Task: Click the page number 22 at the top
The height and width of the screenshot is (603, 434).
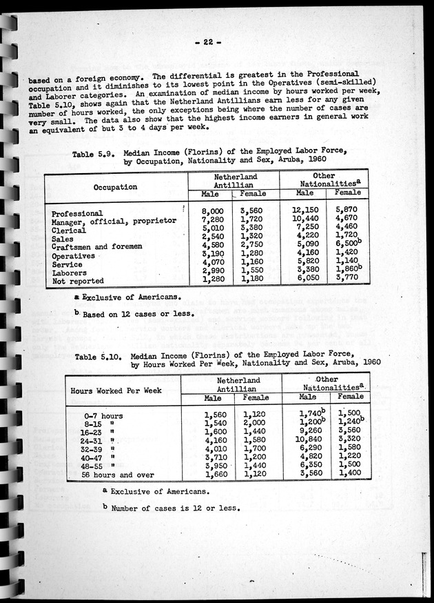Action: [x=207, y=42]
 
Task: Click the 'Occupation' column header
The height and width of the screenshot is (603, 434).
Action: [x=116, y=187]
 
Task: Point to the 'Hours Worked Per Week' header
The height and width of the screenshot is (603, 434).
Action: [x=116, y=391]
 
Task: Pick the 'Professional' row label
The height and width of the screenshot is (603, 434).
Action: [x=77, y=214]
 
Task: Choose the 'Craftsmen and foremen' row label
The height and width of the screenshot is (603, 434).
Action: [x=96, y=247]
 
